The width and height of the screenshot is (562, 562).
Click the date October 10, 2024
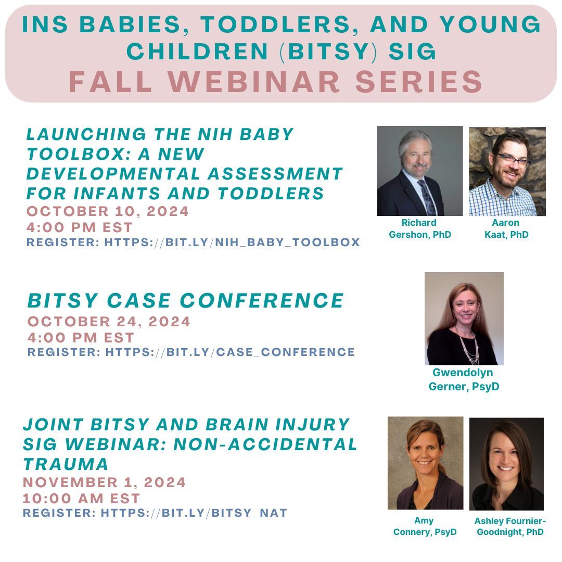tap(108, 212)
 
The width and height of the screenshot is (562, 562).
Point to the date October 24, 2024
tap(109, 322)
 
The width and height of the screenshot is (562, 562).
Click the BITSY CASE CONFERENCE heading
tap(186, 300)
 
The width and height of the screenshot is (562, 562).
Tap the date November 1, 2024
tap(104, 482)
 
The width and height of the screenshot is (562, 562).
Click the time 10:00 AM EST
tap(82, 498)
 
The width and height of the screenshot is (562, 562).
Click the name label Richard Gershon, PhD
tap(419, 229)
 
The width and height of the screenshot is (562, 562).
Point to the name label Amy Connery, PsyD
tap(425, 526)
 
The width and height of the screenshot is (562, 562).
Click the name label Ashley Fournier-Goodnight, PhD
tap(509, 526)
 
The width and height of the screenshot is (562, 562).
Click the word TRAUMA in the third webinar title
tap(66, 464)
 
